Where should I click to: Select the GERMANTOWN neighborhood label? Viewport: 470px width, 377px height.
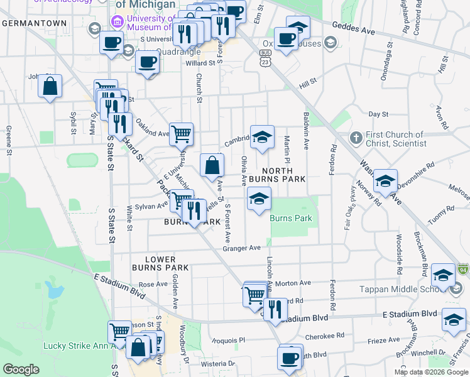34,23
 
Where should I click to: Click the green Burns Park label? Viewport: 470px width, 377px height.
291,218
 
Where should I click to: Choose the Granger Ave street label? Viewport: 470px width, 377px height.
241,248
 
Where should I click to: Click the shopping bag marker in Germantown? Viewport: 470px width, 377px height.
50,85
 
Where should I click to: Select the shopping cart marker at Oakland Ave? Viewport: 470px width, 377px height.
181,133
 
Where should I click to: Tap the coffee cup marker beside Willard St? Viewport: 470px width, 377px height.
147,62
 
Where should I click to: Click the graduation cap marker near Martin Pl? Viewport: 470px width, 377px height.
262,136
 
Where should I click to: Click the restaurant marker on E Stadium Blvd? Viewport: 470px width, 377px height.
274,309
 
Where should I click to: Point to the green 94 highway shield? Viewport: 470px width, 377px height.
464,269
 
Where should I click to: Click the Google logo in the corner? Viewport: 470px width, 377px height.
21,369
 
